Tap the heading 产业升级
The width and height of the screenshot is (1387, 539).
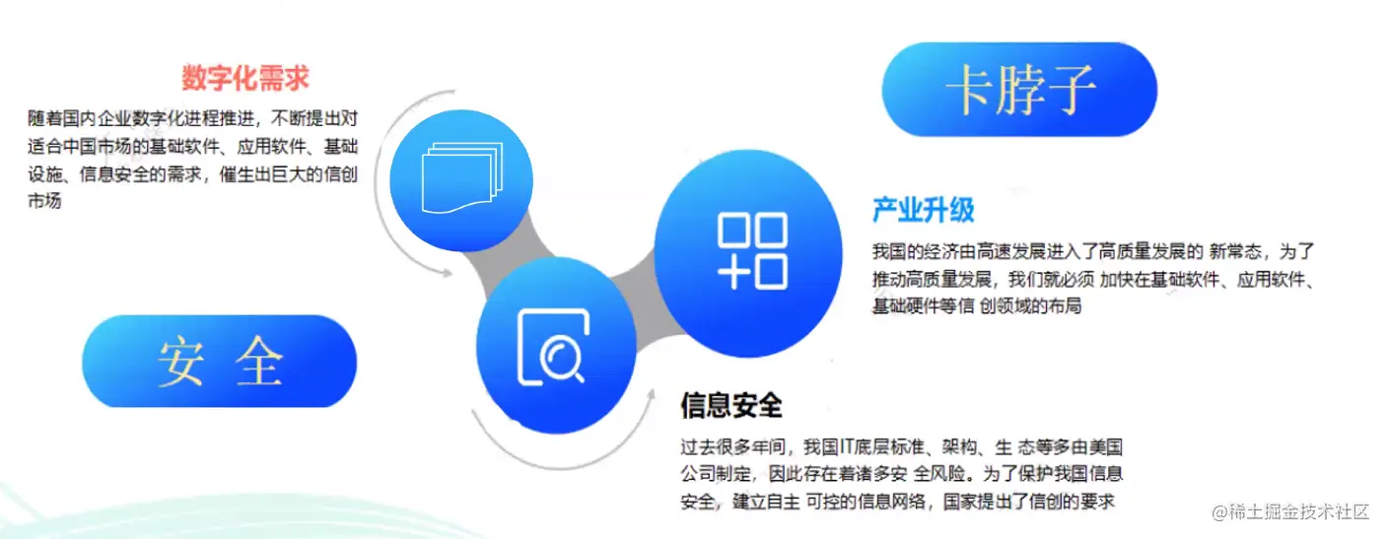923,209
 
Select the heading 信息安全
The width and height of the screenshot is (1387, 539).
730,405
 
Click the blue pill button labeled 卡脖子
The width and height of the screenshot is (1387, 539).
1019,89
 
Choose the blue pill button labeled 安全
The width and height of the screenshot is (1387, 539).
219,361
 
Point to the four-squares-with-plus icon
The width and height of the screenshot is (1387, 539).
752,250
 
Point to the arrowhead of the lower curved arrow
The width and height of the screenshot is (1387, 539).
650,393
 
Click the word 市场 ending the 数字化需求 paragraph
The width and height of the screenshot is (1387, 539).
45,202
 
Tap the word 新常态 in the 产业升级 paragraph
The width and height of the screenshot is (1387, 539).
1237,250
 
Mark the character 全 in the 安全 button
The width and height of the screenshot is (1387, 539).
259,362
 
